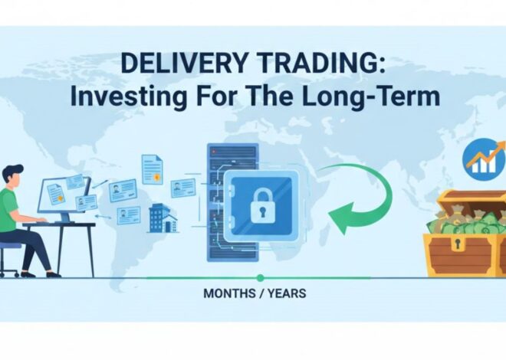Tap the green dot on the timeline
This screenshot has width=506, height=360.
(260, 277)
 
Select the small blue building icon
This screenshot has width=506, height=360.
(159, 218)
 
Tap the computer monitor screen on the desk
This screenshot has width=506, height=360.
(64, 195)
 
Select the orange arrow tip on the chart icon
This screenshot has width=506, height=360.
(499, 146)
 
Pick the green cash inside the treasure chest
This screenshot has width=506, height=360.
(460, 225)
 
